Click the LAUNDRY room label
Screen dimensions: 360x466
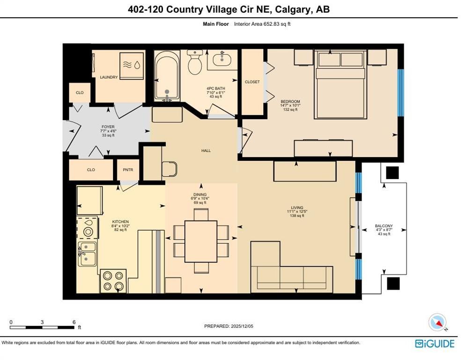coord(109,77)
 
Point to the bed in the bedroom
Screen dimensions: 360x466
coord(340,84)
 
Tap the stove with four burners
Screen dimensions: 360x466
coord(113,281)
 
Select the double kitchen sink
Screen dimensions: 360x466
coord(88,253)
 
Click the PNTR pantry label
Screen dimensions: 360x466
coord(128,170)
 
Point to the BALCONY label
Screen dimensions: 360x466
coord(384,226)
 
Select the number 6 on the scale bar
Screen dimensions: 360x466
coord(74,322)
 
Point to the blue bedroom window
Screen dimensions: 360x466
coord(400,92)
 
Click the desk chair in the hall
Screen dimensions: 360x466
coord(169,169)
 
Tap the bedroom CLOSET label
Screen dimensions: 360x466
coord(252,82)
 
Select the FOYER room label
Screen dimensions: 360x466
coord(108,127)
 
